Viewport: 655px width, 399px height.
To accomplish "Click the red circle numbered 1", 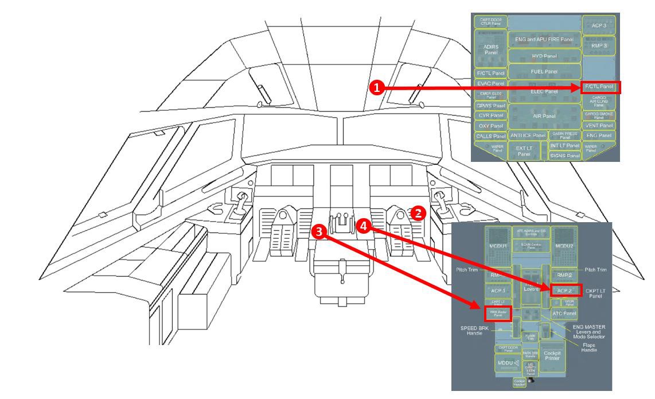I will pos(376,88).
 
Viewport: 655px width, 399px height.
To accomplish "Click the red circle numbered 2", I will pos(419,213).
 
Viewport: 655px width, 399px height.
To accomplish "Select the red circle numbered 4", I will pos(363,226).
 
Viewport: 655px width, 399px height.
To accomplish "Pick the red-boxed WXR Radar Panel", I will pos(497,313).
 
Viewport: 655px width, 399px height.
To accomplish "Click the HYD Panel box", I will pos(545,57).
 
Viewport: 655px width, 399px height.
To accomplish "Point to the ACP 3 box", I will pos(599,26).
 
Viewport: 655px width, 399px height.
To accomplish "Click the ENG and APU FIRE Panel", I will pos(545,39).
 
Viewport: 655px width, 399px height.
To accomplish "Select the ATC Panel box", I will pos(564,313).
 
